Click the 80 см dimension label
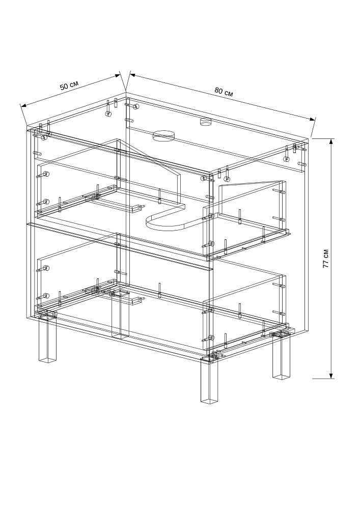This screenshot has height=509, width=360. (x=224, y=92)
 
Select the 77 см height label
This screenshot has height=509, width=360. (x=325, y=259)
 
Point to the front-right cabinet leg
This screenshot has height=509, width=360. (x=209, y=380)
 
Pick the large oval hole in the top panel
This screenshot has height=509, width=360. (x=163, y=136)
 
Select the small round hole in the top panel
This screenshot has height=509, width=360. (x=205, y=122)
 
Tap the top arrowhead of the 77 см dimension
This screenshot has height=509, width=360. (x=331, y=142)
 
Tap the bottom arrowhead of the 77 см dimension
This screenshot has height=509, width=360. (x=331, y=376)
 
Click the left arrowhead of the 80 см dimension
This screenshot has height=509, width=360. (x=133, y=75)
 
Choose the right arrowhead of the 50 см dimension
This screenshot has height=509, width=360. (x=117, y=76)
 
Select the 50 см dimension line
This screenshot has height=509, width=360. (x=70, y=91)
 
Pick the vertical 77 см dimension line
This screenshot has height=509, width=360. (x=331, y=259)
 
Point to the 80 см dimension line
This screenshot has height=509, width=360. (x=223, y=97)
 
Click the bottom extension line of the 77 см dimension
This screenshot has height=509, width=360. (x=323, y=379)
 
